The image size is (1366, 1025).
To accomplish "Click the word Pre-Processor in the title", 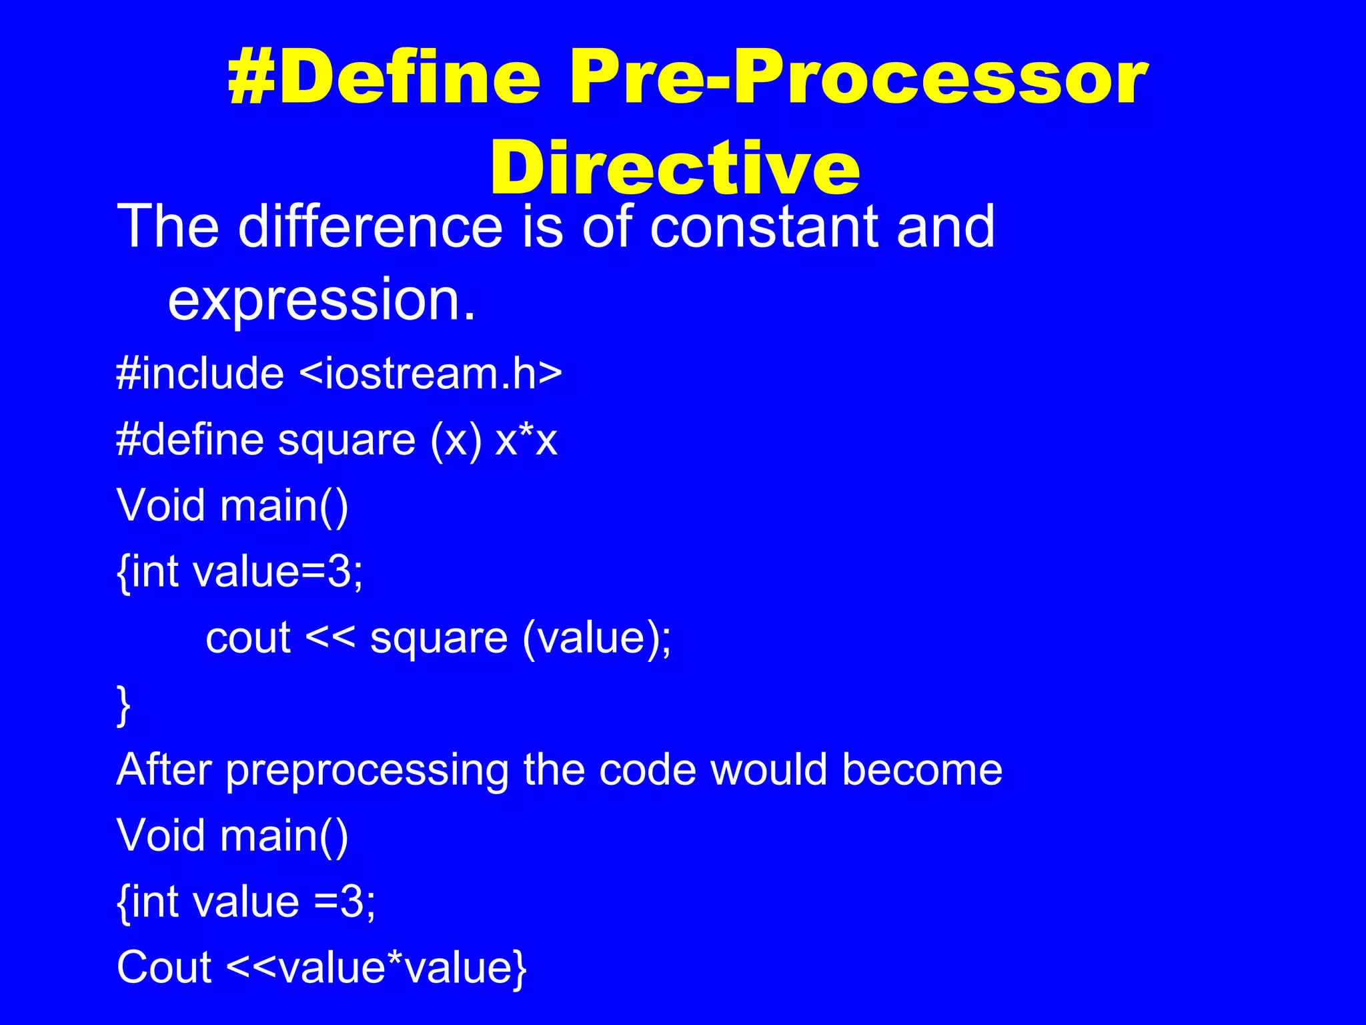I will pyautogui.click(x=857, y=79).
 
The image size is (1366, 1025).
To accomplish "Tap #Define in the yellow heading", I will pyautogui.click(x=384, y=79).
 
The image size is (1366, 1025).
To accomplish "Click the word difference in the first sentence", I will pyautogui.click(x=370, y=227).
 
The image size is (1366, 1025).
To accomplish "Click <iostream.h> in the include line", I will pyautogui.click(x=431, y=373).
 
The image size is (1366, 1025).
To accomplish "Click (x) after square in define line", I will pyautogui.click(x=456, y=441).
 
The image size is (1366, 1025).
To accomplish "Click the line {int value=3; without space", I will pyautogui.click(x=240, y=572).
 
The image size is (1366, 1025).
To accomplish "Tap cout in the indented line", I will pyautogui.click(x=248, y=638).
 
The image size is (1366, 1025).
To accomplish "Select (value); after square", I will pyautogui.click(x=597, y=639).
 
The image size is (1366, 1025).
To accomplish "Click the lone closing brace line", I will pyautogui.click(x=124, y=705).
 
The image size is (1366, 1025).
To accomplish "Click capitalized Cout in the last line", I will pyautogui.click(x=164, y=967).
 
